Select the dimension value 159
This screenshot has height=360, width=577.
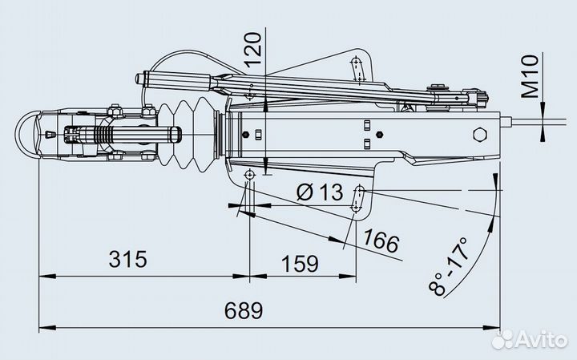click(301, 262)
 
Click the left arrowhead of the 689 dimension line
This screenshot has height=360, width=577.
click(45, 327)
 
